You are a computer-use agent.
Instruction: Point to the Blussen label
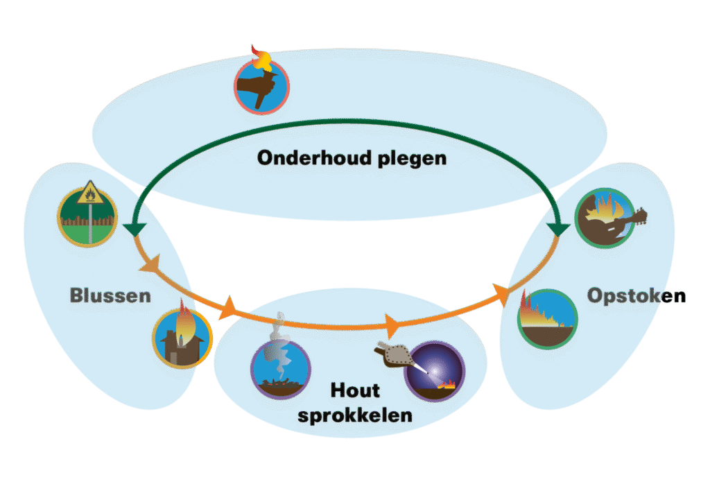[110, 297]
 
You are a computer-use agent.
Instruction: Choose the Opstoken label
[637, 297]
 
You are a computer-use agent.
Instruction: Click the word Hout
[355, 391]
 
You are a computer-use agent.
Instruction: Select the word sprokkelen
[355, 416]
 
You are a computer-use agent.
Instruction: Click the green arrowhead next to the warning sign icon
[133, 230]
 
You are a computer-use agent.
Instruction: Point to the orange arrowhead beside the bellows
[391, 324]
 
